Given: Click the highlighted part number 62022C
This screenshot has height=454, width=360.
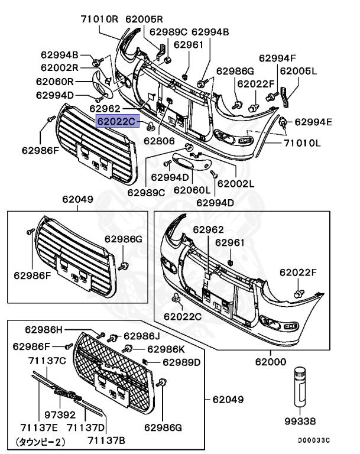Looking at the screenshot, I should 117,122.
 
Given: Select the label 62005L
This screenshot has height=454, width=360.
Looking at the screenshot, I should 298,70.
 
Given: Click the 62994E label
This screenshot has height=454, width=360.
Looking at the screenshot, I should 313,122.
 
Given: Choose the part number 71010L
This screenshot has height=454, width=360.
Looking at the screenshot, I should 301,143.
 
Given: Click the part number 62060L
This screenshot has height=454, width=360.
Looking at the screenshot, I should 192,190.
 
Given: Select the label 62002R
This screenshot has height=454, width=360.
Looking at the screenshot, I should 60,68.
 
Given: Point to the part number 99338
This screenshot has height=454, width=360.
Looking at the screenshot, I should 301,421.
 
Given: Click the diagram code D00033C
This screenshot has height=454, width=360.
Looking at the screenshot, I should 313,440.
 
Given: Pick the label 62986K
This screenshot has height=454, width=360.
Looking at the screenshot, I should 166,349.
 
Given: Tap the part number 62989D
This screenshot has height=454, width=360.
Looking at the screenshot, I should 181,362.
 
